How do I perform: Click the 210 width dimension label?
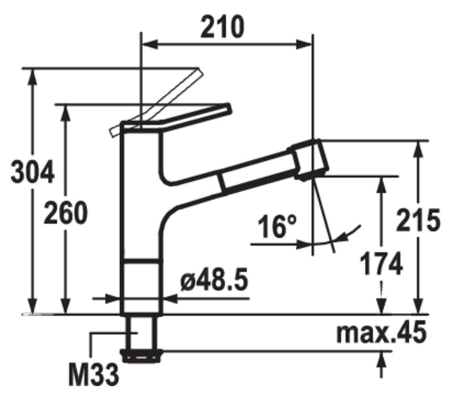point(222,27)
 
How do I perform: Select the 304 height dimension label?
point(32,173)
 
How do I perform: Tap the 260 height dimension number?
point(65,213)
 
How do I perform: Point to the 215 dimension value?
point(418,220)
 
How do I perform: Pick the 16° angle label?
point(277,226)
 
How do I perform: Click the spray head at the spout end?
point(308,160)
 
